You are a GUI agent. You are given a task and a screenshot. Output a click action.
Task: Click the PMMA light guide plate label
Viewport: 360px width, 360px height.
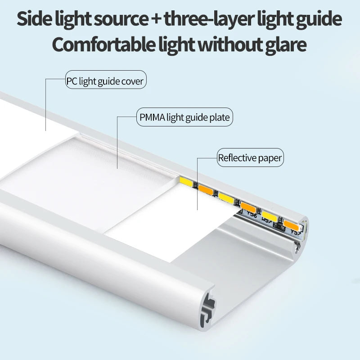point(185,118)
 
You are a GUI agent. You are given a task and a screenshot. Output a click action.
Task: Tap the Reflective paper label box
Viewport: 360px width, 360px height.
point(250,157)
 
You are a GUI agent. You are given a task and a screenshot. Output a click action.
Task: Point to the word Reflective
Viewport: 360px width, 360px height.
point(234,157)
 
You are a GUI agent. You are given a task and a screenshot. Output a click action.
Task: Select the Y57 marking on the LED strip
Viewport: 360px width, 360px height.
point(296,233)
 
